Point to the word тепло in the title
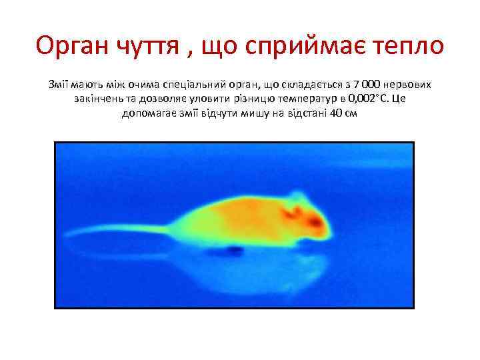[x=410, y=46]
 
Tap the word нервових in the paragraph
[x=408, y=85]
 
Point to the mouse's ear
[x=291, y=211]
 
